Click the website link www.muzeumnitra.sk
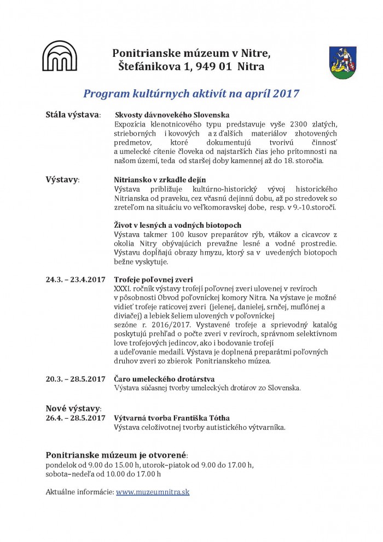[x=153, y=492]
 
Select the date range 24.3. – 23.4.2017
[x=76, y=280]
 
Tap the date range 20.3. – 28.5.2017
[x=76, y=379]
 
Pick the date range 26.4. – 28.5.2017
[x=76, y=418]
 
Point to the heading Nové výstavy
[x=73, y=408]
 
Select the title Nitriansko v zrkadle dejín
[x=160, y=180]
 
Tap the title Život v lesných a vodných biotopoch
[x=177, y=225]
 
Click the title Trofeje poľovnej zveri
[x=153, y=280]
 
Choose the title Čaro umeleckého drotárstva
[x=164, y=379]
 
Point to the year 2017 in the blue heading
[x=284, y=93]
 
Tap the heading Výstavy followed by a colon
[x=61, y=180]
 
